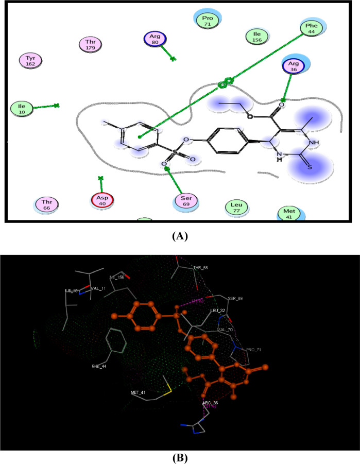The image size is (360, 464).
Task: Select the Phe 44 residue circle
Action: coord(311,27)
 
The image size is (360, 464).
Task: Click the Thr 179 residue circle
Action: coord(91,45)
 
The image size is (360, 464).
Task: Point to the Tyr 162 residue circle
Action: coord(30,61)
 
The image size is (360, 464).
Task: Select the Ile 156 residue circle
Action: coord(256,36)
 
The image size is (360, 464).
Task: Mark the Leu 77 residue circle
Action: coord(236,208)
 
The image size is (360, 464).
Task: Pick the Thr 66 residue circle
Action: coord(47,204)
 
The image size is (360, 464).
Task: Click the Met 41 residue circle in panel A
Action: coord(288,213)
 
